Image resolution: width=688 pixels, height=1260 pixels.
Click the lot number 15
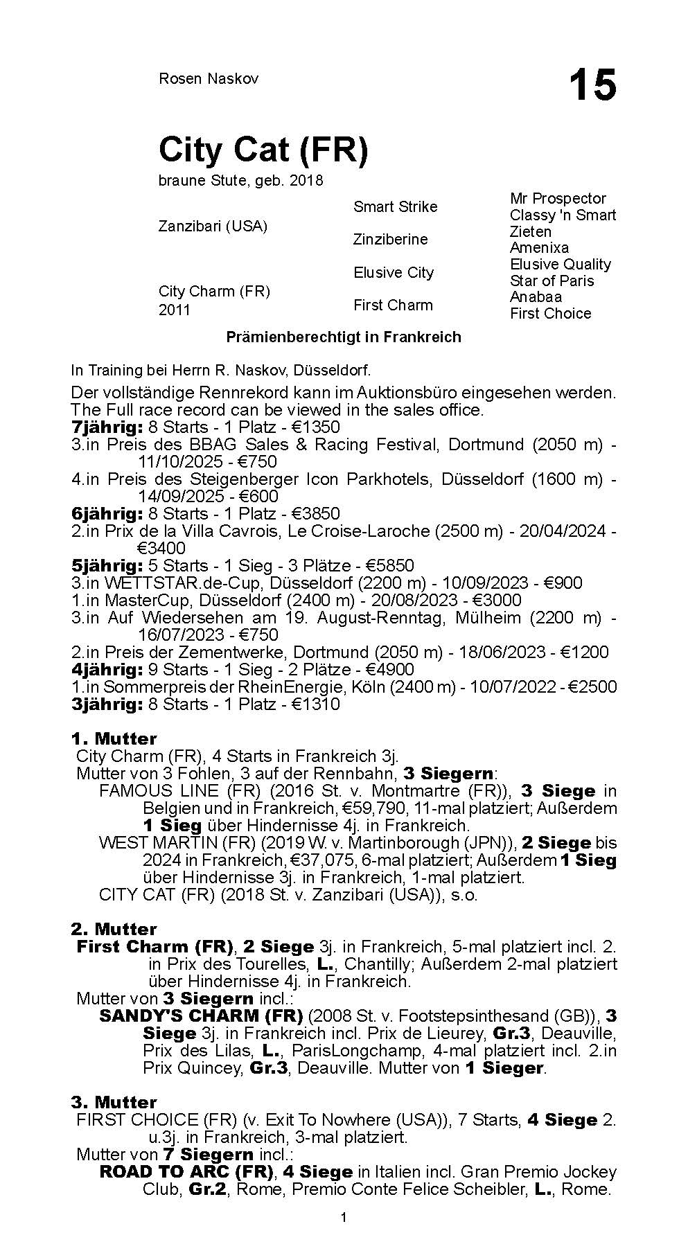click(x=592, y=86)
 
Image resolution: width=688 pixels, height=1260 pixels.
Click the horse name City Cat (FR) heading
click(x=263, y=149)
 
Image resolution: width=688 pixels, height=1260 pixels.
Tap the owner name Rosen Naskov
click(x=209, y=78)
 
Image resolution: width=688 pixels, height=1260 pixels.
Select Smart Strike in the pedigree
click(x=395, y=206)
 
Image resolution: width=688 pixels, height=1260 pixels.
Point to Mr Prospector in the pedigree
click(x=558, y=199)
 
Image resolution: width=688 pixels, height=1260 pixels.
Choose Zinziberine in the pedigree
click(x=390, y=239)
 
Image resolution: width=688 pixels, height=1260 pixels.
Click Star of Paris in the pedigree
click(x=552, y=281)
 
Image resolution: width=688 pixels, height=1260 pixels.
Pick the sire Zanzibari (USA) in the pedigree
click(x=213, y=227)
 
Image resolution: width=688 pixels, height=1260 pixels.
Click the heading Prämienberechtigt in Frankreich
click(x=344, y=337)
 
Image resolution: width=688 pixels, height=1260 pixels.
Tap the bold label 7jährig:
click(x=107, y=427)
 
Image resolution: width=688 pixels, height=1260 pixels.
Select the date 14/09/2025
click(x=181, y=496)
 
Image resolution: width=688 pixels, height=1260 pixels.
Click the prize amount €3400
click(x=161, y=548)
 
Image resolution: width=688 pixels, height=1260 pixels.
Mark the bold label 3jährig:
click(x=107, y=704)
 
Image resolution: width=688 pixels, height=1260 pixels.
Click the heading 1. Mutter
click(x=114, y=738)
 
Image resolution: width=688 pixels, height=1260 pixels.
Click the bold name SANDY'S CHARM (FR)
click(x=201, y=1015)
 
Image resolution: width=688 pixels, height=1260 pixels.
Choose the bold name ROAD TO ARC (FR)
click(x=186, y=1171)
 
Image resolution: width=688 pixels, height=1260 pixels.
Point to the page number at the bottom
click(x=344, y=1236)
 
